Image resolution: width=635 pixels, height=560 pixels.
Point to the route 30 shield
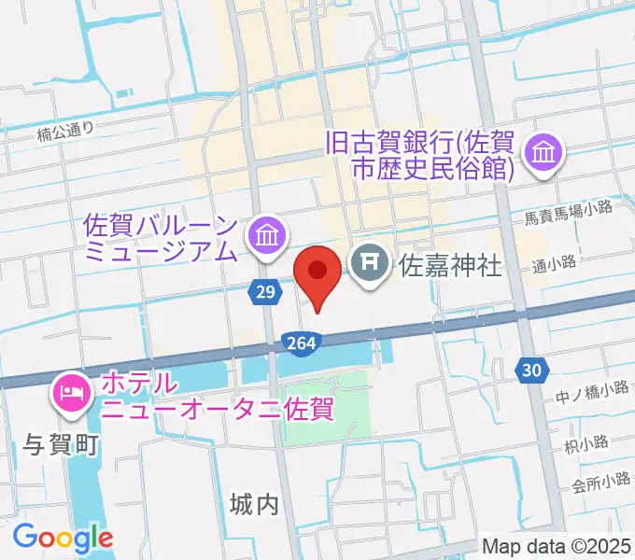pos(531,371)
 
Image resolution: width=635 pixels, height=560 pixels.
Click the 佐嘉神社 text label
pos(451,267)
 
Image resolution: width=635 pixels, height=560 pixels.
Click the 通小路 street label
pos(554,263)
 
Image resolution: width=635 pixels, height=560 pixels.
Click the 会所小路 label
pos(601,483)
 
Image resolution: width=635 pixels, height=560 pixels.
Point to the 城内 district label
pos(253,505)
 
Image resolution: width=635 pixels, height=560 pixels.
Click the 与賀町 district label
pos(60,446)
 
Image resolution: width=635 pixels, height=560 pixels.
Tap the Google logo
pos(63,538)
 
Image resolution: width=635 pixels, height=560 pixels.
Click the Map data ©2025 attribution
pos(557,546)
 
